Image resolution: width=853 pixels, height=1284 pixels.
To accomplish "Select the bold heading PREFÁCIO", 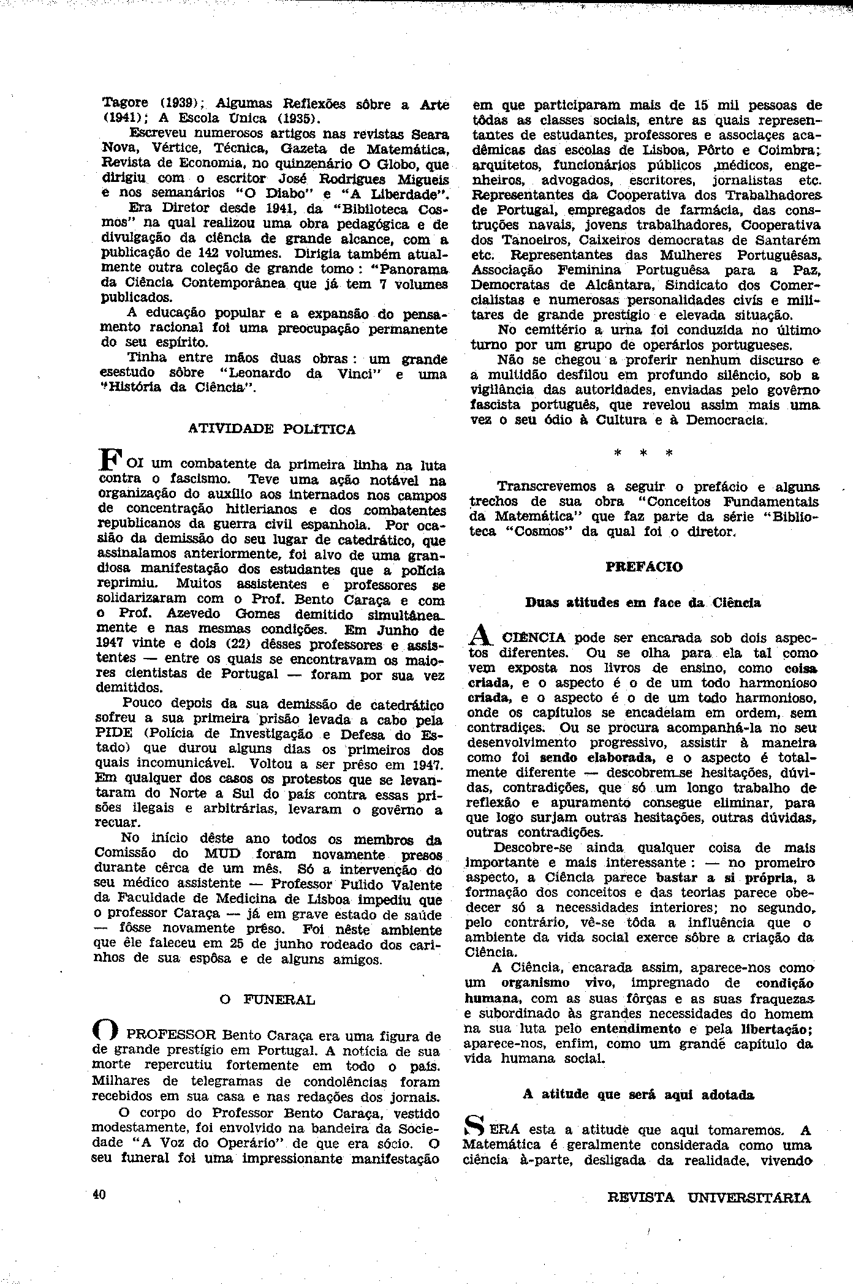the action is tap(643, 567).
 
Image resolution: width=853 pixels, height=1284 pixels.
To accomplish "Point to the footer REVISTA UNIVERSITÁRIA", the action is tap(708, 1198).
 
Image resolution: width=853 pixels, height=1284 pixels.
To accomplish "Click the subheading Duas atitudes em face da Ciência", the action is tap(643, 602).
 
